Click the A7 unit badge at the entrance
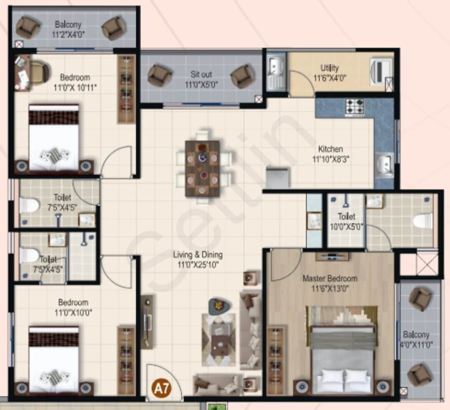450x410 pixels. point(161,389)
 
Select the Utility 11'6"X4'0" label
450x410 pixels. point(330,73)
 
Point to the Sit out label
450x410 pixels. point(201,79)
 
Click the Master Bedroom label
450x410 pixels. point(330,283)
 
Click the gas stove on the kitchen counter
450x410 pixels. point(354,107)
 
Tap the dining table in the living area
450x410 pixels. point(203,168)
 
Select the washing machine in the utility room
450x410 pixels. point(381,70)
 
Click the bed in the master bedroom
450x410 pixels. point(343,359)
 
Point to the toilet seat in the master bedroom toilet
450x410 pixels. point(422,220)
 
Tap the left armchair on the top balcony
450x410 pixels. point(28,28)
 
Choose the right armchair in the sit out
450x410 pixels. point(242,76)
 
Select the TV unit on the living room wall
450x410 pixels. point(147,322)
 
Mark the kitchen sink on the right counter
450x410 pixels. point(384,163)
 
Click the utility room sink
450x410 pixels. point(276,67)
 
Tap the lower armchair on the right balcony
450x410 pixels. point(419,374)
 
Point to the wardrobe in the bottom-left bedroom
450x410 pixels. point(126,360)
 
